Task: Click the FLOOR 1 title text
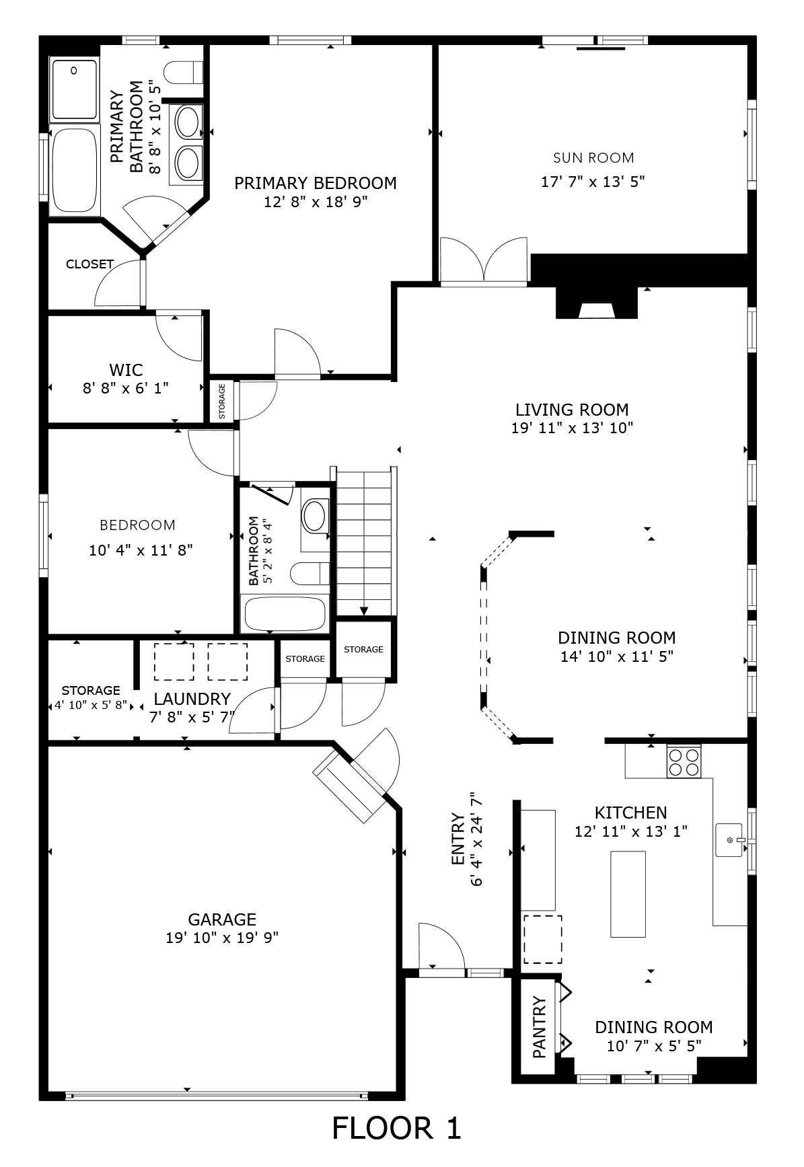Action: pos(396,1128)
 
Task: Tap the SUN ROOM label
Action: pos(593,158)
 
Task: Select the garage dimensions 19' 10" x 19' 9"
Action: pos(222,938)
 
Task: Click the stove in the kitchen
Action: pos(683,761)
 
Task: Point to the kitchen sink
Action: pos(729,840)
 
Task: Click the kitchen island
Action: pos(628,894)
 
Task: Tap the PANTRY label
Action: pos(540,1027)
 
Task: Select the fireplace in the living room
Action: pos(596,305)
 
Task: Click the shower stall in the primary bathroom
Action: pos(74,89)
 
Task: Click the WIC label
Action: pos(126,369)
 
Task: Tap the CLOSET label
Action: pos(89,264)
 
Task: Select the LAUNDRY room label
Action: pos(192,699)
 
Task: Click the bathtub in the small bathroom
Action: pos(285,614)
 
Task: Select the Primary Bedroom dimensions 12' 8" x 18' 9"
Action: pos(315,202)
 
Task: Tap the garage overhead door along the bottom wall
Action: pos(217,1096)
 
